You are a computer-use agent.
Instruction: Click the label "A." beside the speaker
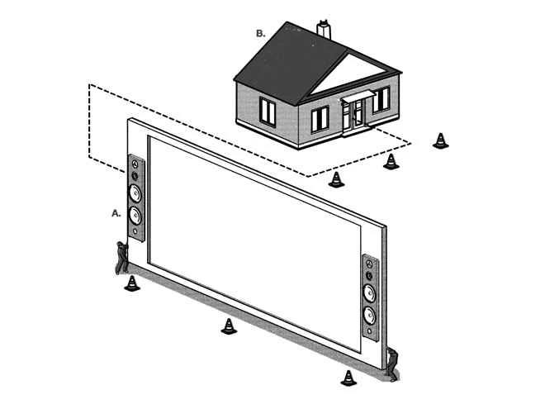(x=116, y=212)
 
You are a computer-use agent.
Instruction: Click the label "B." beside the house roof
(x=261, y=34)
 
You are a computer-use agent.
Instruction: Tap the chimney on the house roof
(x=324, y=31)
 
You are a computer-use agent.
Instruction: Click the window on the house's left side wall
(x=268, y=110)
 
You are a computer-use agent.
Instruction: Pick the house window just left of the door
(x=320, y=118)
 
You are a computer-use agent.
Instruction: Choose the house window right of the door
(x=381, y=100)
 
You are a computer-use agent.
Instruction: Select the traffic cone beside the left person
(x=131, y=283)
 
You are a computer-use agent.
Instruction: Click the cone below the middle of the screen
(x=229, y=326)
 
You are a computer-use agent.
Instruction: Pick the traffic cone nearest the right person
(x=348, y=378)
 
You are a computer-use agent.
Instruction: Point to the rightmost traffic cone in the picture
(x=441, y=140)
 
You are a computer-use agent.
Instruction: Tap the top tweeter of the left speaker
(x=135, y=165)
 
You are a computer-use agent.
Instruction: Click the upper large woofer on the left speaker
(x=135, y=195)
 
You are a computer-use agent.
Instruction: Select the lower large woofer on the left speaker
(x=135, y=216)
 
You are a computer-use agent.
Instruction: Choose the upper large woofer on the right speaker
(x=370, y=292)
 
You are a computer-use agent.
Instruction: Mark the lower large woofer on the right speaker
(x=370, y=315)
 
